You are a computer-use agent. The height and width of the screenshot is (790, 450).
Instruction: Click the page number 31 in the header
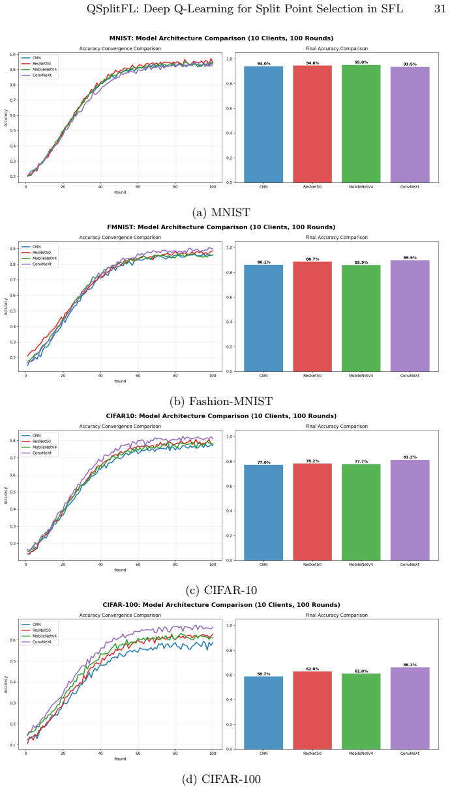tap(440, 9)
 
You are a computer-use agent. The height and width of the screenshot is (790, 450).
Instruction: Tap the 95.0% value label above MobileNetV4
tap(361, 63)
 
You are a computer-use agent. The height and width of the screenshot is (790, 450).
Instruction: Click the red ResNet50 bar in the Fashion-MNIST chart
tap(312, 317)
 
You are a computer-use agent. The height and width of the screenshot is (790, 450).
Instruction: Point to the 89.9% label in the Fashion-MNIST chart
tap(410, 258)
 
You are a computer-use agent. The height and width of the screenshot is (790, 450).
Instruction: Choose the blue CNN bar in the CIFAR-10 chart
tap(263, 513)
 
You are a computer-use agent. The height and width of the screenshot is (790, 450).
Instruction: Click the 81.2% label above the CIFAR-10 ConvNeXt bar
tap(410, 457)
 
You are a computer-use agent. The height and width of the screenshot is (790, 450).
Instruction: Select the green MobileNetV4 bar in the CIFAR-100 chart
tap(361, 711)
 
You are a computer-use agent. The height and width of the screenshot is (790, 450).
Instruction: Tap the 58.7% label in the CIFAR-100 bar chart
tap(263, 674)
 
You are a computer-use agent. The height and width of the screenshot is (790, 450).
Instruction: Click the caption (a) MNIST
tap(221, 213)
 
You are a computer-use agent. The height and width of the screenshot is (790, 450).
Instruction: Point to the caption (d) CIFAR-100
tap(221, 779)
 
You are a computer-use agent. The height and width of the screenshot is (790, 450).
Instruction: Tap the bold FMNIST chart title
tap(221, 227)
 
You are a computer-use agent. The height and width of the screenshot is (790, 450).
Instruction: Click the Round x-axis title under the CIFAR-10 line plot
tap(120, 570)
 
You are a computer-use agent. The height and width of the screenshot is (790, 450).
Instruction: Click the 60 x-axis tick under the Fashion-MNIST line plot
tap(138, 376)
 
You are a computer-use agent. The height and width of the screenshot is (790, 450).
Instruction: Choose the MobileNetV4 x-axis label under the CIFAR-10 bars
tap(361, 565)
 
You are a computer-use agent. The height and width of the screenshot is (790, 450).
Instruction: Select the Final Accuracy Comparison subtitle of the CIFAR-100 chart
tap(337, 615)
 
